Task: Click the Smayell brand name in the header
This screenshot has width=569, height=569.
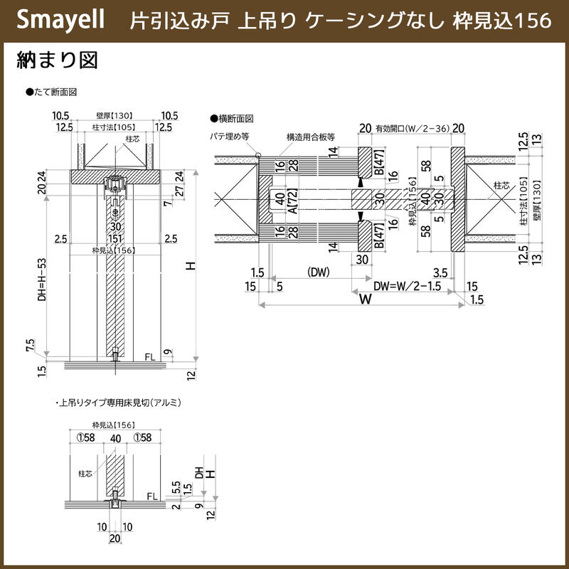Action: [59, 20]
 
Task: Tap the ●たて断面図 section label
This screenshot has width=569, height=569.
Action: [50, 93]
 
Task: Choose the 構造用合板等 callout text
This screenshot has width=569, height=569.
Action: [311, 135]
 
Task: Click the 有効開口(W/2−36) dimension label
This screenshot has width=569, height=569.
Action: [413, 128]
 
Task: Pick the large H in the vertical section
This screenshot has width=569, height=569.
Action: [190, 266]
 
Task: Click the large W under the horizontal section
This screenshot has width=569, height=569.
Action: [365, 299]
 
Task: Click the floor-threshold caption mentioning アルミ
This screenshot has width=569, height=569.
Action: [118, 403]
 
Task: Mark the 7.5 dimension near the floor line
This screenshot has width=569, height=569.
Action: [30, 345]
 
